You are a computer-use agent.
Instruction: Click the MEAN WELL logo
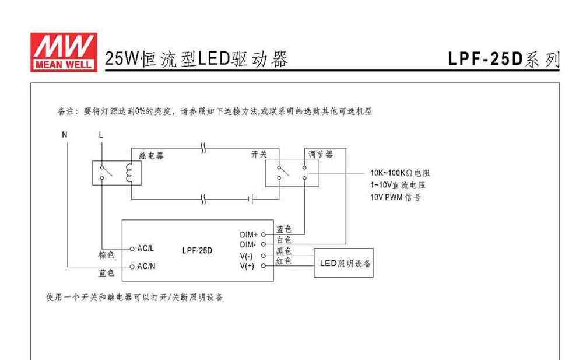coord(64,52)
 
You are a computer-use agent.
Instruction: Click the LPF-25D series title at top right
coord(504,59)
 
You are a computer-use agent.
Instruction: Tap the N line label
coord(65,135)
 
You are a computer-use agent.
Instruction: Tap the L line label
coord(101,135)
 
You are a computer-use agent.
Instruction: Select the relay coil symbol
coord(129,173)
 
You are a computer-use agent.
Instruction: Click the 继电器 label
coord(152,156)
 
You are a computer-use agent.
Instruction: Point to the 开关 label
coord(259,154)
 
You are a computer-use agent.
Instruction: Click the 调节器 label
coord(321,154)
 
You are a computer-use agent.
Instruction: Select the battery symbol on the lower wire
coord(251,200)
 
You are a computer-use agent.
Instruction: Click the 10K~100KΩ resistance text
coord(400,173)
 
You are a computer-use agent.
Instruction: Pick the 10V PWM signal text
coord(396,197)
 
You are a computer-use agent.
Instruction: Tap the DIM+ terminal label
coord(248,235)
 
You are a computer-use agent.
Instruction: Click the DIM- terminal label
coord(248,244)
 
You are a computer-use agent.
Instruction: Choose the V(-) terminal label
coord(246,256)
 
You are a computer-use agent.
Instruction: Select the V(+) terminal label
coord(247,266)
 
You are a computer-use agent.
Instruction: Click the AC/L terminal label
coord(145,249)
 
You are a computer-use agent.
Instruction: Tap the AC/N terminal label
coord(146,266)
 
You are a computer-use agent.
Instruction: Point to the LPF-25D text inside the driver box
coord(197,250)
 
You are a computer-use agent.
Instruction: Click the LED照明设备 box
coord(343,263)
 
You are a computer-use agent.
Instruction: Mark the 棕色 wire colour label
coord(106,255)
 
